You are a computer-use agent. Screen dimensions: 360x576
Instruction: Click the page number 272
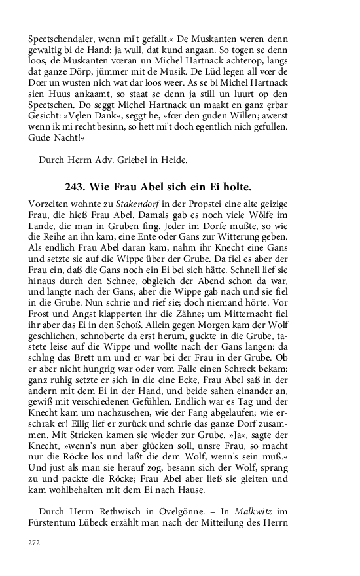(x=34, y=543)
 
